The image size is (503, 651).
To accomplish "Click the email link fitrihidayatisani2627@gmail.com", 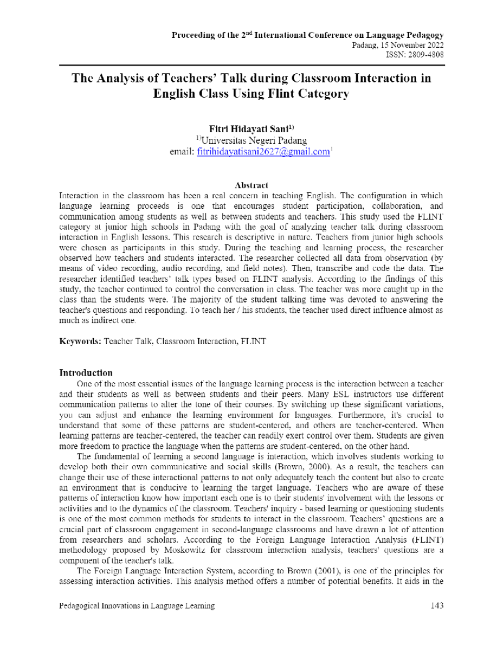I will coord(263,152).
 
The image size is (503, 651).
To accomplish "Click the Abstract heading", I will coord(251,185).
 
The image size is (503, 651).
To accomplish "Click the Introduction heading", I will coord(86,373).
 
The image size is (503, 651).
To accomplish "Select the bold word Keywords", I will coord(79,341).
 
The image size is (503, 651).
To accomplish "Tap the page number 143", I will coord(437,606).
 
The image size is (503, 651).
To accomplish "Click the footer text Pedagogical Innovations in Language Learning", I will coord(137,606).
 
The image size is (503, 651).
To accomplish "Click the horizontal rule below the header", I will coord(251,65).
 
